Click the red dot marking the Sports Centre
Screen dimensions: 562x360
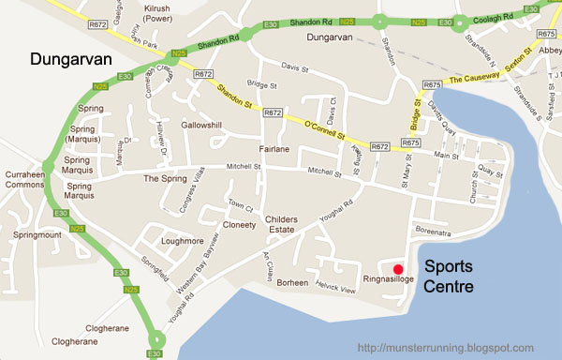point(398,269)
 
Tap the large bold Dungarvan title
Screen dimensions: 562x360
point(72,60)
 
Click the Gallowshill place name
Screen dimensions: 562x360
point(209,126)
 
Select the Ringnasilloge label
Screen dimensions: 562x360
point(389,279)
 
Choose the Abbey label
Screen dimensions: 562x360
point(550,52)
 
